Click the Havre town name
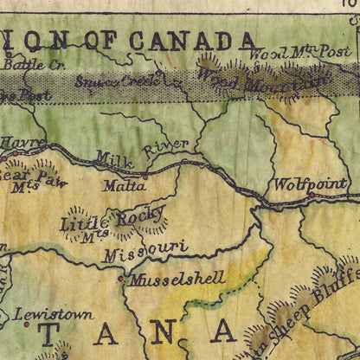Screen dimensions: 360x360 pyautogui.click(x=17, y=141)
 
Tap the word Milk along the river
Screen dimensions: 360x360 pyautogui.click(x=114, y=158)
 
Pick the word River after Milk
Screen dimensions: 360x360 pyautogui.click(x=165, y=146)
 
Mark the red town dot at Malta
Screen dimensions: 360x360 pyautogui.click(x=145, y=176)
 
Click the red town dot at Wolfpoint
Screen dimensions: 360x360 pyautogui.click(x=311, y=195)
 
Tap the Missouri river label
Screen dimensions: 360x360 pyautogui.click(x=145, y=251)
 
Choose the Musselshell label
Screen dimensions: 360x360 pyautogui.click(x=177, y=279)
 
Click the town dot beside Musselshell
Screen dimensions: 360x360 pyautogui.click(x=120, y=279)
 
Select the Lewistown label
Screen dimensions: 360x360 pyautogui.click(x=54, y=314)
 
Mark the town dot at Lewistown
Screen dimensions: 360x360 pyautogui.click(x=26, y=325)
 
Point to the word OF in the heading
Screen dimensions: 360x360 pyautogui.click(x=93, y=40)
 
